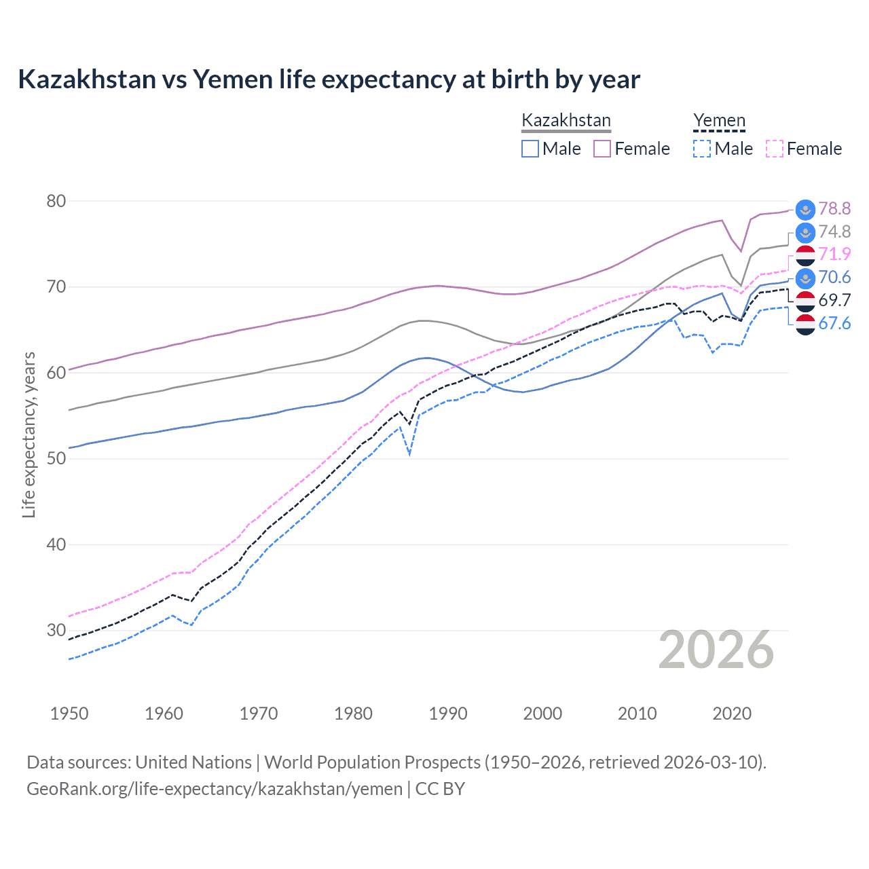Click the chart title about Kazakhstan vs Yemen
[x=329, y=79]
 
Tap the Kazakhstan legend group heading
[x=566, y=120]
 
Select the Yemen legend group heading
[x=719, y=120]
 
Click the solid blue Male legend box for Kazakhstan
[x=530, y=149]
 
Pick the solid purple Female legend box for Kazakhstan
[x=602, y=149]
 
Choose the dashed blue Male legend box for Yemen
[x=702, y=149]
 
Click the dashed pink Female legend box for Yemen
[x=774, y=149]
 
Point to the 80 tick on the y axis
[x=56, y=201]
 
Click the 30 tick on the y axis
[x=56, y=630]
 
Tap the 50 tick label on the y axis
[x=56, y=458]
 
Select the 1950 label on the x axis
[x=69, y=714]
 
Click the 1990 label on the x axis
[x=448, y=714]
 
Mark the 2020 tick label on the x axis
[x=732, y=714]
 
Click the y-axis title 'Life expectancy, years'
[x=29, y=434]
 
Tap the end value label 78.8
[x=834, y=208]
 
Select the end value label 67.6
[x=834, y=323]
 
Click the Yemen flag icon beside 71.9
[x=805, y=255]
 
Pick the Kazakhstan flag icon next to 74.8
[x=805, y=232]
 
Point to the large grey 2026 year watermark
[x=716, y=650]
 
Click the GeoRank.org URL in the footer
[x=215, y=789]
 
